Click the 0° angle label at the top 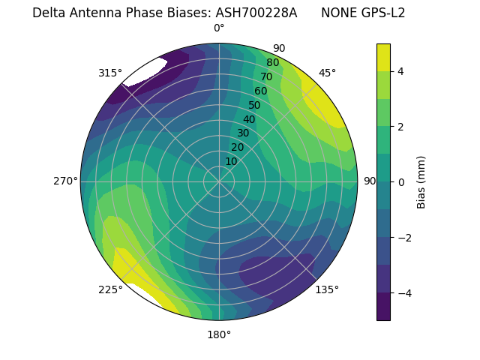click(x=219, y=28)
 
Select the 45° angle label click(x=327, y=73)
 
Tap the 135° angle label click(x=327, y=289)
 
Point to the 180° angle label click(x=219, y=334)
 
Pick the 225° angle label click(x=110, y=289)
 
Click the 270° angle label click(x=65, y=181)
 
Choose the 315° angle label click(x=110, y=73)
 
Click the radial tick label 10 click(x=231, y=161)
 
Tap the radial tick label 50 click(x=254, y=106)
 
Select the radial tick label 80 click(x=272, y=63)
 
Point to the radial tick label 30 click(x=243, y=133)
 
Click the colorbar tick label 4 click(x=401, y=71)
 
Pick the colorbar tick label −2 click(x=404, y=238)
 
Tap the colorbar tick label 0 click(x=401, y=182)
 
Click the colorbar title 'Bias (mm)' click(x=421, y=182)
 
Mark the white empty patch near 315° click(x=145, y=72)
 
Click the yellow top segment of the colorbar click(x=383, y=57)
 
